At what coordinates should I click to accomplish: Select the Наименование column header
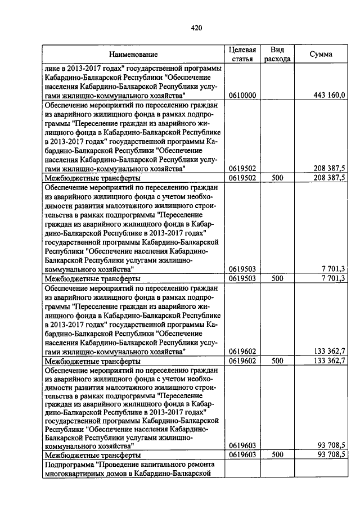coord(133,54)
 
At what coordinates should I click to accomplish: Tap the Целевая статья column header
coord(242,54)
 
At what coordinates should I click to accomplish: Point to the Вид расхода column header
coord(277,54)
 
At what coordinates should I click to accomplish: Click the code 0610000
coord(242,96)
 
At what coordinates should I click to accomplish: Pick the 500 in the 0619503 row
coord(277,278)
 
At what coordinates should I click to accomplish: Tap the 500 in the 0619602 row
coord(277,361)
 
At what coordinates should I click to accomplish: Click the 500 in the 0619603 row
coord(277,454)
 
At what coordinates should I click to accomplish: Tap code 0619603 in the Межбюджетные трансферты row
coord(242,454)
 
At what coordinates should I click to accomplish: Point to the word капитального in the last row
coord(166,465)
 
